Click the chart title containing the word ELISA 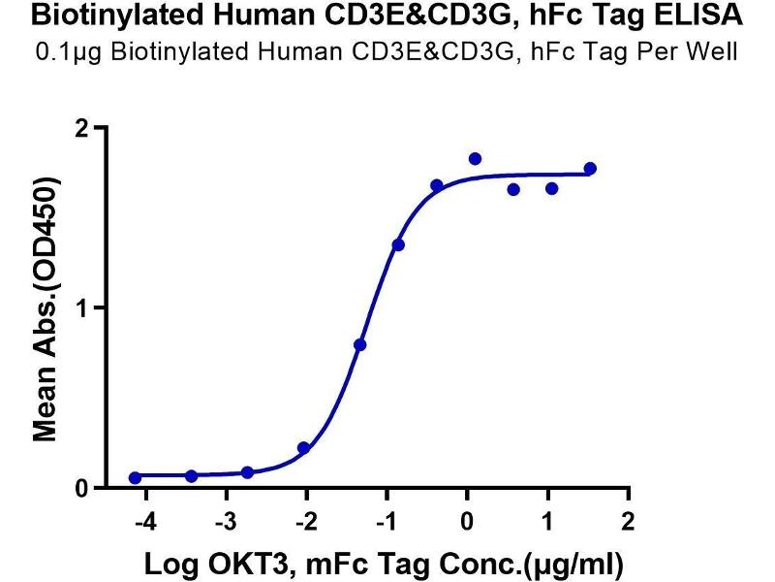(x=387, y=16)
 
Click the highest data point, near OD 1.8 (x=475, y=159)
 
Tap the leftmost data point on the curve (x=135, y=477)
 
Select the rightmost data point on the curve (x=590, y=169)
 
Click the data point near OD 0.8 (x=359, y=344)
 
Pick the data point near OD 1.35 (x=398, y=244)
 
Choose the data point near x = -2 (x=303, y=448)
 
